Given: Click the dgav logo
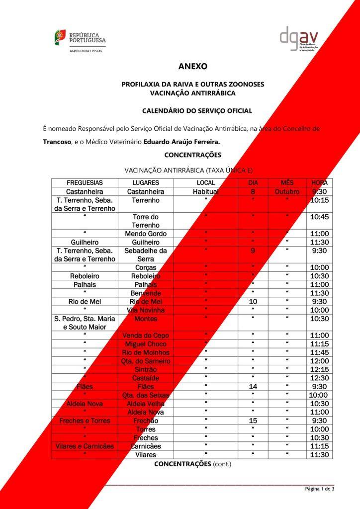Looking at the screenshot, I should pyautogui.click(x=298, y=38).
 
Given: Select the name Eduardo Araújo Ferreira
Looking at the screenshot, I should pyautogui.click(x=181, y=142).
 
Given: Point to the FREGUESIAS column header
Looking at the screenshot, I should pyautogui.click(x=85, y=183).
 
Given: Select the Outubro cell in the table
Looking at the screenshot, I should pyautogui.click(x=287, y=191).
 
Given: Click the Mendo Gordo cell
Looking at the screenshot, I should pyautogui.click(x=146, y=234).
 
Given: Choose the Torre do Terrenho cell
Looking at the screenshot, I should pyautogui.click(x=146, y=221).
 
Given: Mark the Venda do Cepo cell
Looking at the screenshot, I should pyautogui.click(x=146, y=336).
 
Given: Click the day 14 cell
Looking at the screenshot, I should pyautogui.click(x=253, y=387).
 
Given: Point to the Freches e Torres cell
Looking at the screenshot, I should pyautogui.click(x=85, y=421).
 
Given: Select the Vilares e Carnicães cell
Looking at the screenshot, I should pyautogui.click(x=85, y=446).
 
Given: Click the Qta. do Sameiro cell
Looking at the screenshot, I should pyautogui.click(x=146, y=361).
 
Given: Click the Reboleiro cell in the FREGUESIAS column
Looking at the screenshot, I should pyautogui.click(x=85, y=276).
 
